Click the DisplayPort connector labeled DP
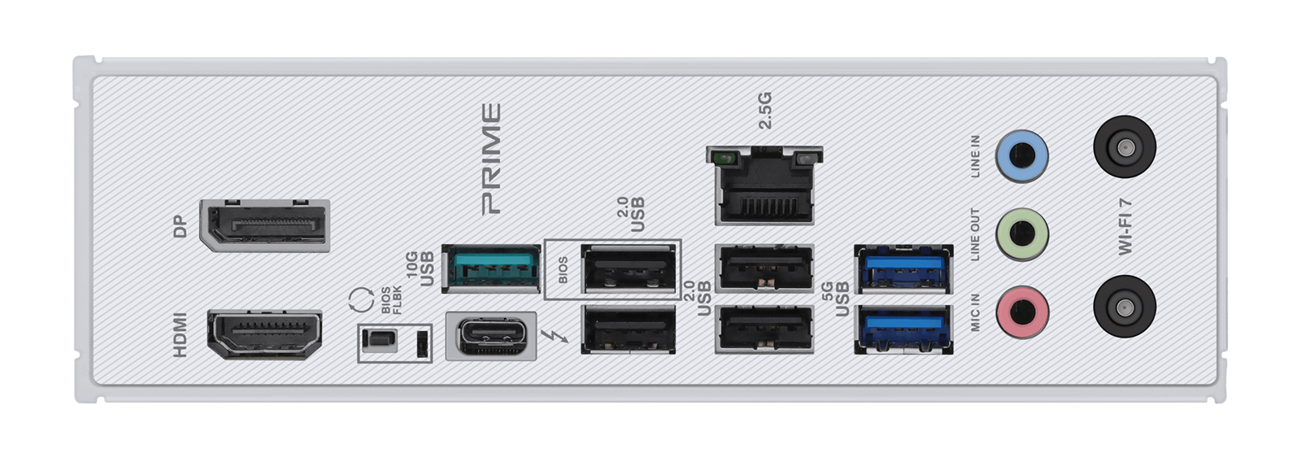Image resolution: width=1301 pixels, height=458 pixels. pos(265,225)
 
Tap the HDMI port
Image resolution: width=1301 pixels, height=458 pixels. pos(265,334)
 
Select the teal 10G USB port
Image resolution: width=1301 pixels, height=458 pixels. pos(491,268)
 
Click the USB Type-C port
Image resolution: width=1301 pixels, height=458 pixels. pos(491,336)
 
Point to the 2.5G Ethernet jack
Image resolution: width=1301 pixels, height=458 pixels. pos(764,185)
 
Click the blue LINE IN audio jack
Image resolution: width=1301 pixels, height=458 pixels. pos(1021,155)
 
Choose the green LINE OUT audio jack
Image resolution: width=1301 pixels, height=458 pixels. pos(1022,234)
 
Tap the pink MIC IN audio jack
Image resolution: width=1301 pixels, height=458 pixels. pos(1022,312)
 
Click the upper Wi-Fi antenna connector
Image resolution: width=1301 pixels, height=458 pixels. pos(1125,146)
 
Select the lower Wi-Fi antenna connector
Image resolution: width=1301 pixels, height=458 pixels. pos(1125,307)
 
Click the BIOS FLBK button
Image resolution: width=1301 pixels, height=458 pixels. pos(379,341)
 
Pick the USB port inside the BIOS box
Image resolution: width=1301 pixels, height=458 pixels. pos(629,268)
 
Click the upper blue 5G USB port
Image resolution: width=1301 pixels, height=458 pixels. pos(903,269)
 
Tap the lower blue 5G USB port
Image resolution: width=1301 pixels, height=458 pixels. pos(903,329)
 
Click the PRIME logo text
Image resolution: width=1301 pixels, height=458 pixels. pos(491,159)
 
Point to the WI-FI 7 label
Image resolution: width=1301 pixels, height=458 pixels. pos(1125,227)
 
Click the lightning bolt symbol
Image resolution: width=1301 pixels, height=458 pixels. pos(555,336)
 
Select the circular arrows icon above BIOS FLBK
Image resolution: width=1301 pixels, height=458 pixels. pos(361,300)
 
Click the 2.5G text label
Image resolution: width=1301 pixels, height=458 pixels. pos(765,110)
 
